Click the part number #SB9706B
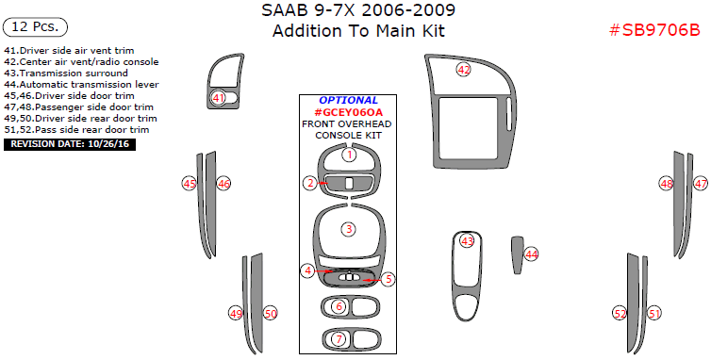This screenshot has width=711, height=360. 653,30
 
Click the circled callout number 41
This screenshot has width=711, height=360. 219,98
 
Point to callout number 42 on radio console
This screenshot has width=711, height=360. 463,70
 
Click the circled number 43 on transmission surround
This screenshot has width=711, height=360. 467,241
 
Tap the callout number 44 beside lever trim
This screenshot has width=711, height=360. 532,254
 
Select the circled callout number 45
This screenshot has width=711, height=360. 190,184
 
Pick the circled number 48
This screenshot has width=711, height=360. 667,184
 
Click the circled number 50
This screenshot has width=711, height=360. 271,313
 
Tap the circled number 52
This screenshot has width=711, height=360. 620,313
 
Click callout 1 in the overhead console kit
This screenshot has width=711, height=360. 349,155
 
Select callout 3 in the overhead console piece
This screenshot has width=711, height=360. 349,229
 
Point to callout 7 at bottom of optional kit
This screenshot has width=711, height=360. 339,339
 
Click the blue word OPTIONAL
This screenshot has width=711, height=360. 348,100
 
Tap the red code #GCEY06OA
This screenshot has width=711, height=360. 348,112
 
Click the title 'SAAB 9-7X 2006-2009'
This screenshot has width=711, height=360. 357,11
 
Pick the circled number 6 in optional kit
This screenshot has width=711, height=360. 339,307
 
